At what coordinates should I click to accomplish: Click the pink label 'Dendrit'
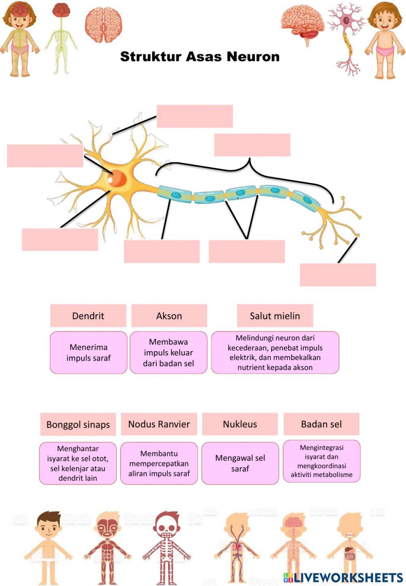pyautogui.click(x=88, y=316)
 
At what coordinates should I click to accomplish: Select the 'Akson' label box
pyautogui.click(x=169, y=316)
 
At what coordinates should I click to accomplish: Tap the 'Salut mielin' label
pyautogui.click(x=275, y=316)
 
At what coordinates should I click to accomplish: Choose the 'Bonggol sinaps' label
pyautogui.click(x=78, y=424)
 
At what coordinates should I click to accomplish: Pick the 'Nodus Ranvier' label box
pyautogui.click(x=159, y=424)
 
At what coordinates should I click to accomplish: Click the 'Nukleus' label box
pyautogui.click(x=240, y=424)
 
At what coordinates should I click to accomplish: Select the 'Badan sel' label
pyautogui.click(x=321, y=424)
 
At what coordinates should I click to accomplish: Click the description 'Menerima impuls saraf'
pyautogui.click(x=89, y=352)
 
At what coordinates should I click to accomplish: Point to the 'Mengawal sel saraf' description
pyautogui.click(x=240, y=463)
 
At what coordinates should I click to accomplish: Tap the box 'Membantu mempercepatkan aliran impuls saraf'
pyautogui.click(x=159, y=463)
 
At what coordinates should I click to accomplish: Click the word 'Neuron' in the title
pyautogui.click(x=253, y=56)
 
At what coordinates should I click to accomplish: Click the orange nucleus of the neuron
pyautogui.click(x=116, y=177)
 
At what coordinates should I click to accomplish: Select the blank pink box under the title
pyautogui.click(x=194, y=116)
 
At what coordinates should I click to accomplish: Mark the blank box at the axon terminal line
pyautogui.click(x=338, y=275)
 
